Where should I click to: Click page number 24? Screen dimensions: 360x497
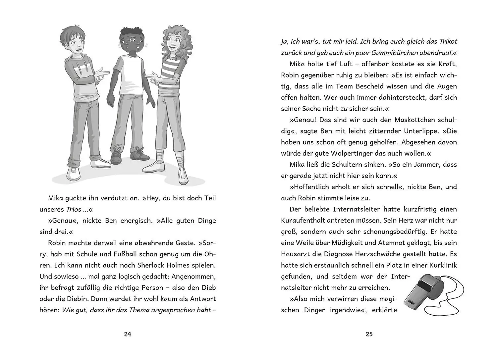pyautogui.click(x=128, y=334)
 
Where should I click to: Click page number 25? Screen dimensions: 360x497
pyautogui.click(x=369, y=334)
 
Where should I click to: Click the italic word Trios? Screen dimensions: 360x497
pyautogui.click(x=74, y=210)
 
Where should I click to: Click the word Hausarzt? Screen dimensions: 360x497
pyautogui.click(x=295, y=254)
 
